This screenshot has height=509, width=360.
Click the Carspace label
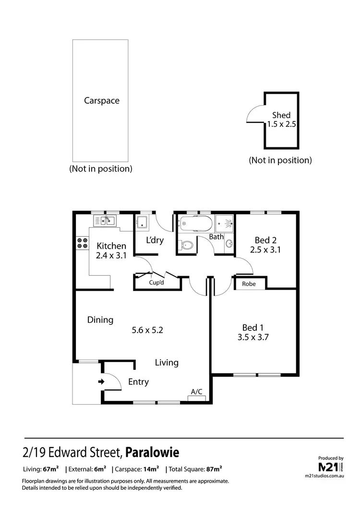click(101, 101)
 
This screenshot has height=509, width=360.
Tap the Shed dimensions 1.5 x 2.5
click(281, 124)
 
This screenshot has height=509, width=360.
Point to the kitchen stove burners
click(82, 243)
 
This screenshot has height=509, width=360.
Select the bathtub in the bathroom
click(195, 224)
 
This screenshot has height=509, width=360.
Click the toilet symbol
click(187, 246)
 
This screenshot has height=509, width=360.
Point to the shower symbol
click(225, 223)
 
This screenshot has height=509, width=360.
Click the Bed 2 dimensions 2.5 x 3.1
click(265, 249)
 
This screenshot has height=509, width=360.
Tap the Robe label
click(249, 284)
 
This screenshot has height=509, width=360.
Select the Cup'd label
click(157, 283)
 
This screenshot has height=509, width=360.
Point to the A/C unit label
click(196, 392)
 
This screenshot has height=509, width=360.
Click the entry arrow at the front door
click(101, 382)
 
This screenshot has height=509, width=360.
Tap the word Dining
click(100, 320)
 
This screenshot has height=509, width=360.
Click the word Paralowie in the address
click(152, 452)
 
